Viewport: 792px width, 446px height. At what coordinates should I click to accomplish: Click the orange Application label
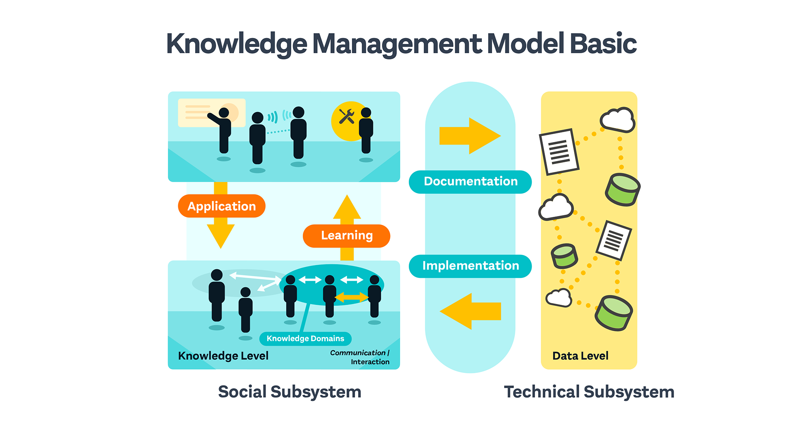click(x=222, y=206)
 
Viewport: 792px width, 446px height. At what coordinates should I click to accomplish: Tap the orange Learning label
click(x=346, y=236)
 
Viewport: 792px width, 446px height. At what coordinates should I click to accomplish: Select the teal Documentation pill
click(x=470, y=182)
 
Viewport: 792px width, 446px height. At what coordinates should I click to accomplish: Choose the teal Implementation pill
click(x=470, y=266)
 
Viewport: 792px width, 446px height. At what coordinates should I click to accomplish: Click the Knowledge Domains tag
click(x=305, y=339)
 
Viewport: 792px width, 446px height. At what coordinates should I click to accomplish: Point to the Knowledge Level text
click(x=223, y=356)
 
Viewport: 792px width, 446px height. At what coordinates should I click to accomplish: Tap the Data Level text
click(x=580, y=356)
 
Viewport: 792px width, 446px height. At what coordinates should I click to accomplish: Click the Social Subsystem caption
click(x=290, y=392)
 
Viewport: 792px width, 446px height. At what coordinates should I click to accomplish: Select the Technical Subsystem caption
click(x=589, y=392)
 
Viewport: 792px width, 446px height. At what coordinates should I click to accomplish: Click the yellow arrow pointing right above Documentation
click(x=470, y=136)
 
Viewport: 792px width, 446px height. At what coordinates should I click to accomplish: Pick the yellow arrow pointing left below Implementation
click(x=470, y=311)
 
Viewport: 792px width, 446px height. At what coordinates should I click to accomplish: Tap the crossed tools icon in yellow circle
click(x=347, y=117)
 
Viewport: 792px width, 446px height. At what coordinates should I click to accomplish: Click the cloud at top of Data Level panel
click(x=617, y=120)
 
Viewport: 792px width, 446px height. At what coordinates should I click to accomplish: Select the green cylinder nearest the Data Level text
click(x=613, y=313)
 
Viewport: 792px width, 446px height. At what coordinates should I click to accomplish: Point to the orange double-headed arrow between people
click(x=351, y=297)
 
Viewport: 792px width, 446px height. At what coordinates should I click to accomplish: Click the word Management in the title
click(x=397, y=44)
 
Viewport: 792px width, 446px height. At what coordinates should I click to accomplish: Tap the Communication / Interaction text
click(x=360, y=357)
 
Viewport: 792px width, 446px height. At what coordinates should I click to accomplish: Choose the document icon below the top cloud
click(x=559, y=152)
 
